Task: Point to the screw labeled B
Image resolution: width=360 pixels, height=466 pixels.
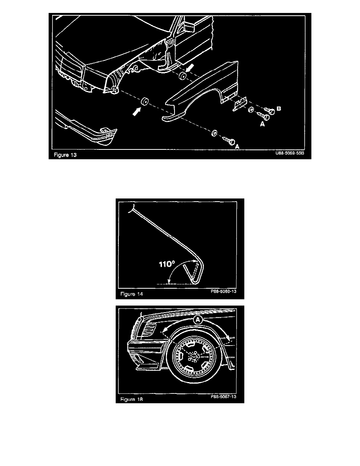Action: [x=269, y=110]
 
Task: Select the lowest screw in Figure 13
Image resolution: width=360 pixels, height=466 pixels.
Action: [x=228, y=139]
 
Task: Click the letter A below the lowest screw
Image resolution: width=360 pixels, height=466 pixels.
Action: [x=237, y=146]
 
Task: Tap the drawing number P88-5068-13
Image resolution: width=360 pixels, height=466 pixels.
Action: [x=225, y=292]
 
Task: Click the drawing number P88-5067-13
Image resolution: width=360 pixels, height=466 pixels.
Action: [x=225, y=397]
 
